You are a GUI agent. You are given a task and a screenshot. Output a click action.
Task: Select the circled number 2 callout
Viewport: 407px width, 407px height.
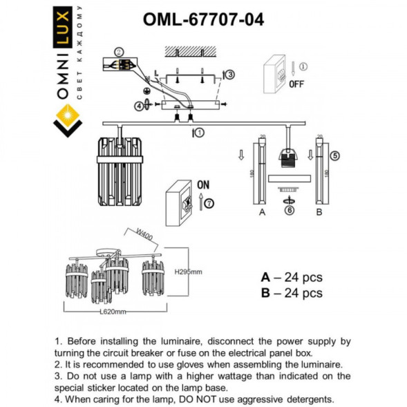(119, 51)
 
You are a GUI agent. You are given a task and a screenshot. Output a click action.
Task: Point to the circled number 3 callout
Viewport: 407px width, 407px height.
(230, 75)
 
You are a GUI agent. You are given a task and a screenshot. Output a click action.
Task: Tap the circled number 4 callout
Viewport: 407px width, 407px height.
(140, 106)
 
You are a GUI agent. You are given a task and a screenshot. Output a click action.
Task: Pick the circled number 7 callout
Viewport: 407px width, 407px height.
(209, 202)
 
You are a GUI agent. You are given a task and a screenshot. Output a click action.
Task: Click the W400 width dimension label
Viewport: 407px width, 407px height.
(144, 236)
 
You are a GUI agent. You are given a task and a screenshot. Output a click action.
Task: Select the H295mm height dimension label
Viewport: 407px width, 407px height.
(187, 272)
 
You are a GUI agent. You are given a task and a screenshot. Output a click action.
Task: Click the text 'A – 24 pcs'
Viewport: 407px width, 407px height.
(291, 278)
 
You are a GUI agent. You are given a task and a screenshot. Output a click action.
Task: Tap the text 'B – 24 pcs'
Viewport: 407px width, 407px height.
(291, 293)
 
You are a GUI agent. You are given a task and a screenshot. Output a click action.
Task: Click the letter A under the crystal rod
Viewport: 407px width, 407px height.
(261, 213)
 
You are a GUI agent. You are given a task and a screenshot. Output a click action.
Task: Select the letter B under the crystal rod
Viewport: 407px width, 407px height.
(319, 213)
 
